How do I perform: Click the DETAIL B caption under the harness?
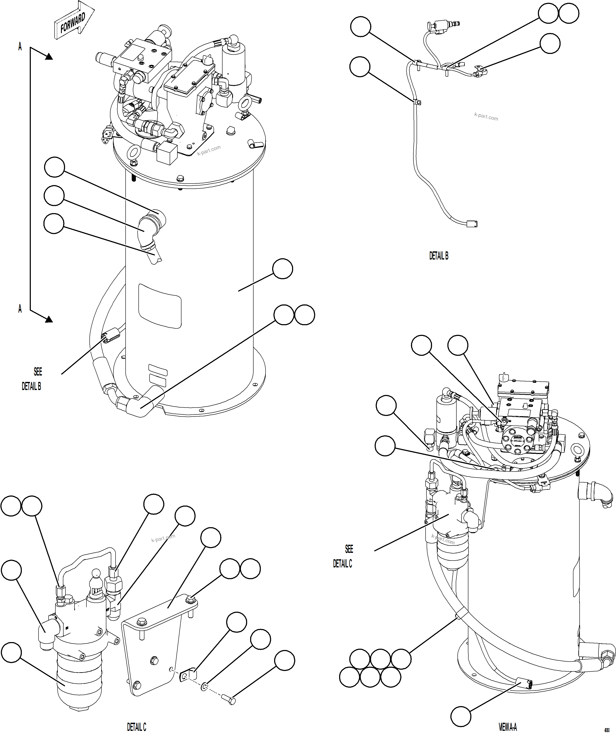pyautogui.click(x=439, y=256)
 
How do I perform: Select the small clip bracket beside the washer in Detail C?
pyautogui.click(x=187, y=675)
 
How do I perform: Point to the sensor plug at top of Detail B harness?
pyautogui.click(x=439, y=27)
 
